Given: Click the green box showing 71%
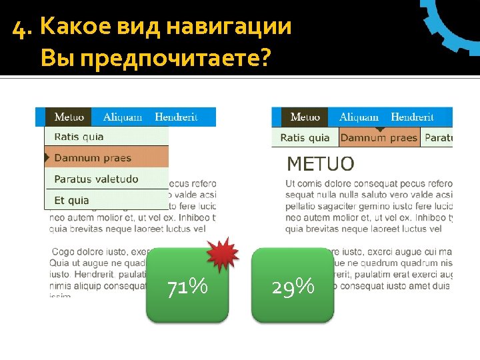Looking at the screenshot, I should (187, 285).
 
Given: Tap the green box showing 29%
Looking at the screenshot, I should (293, 285).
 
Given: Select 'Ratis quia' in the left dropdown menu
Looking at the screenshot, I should (79, 137).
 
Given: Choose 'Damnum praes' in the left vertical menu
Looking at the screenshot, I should (93, 158).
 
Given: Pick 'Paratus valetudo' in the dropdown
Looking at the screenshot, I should (96, 179).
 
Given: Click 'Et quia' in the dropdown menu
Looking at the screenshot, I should (71, 200).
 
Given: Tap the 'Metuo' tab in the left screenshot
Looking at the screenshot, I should (69, 117).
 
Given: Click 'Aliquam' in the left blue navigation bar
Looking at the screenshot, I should (123, 117).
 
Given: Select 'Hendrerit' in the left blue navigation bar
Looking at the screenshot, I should (176, 117).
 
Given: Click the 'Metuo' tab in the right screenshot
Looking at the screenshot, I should (305, 117).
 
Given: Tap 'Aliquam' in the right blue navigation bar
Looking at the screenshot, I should (359, 117).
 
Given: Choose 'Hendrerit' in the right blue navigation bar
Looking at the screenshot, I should (412, 117).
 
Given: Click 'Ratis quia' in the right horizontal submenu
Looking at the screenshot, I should (305, 138).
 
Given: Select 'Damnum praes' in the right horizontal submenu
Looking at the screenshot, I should (379, 138).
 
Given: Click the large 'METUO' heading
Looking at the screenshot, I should (320, 163).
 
